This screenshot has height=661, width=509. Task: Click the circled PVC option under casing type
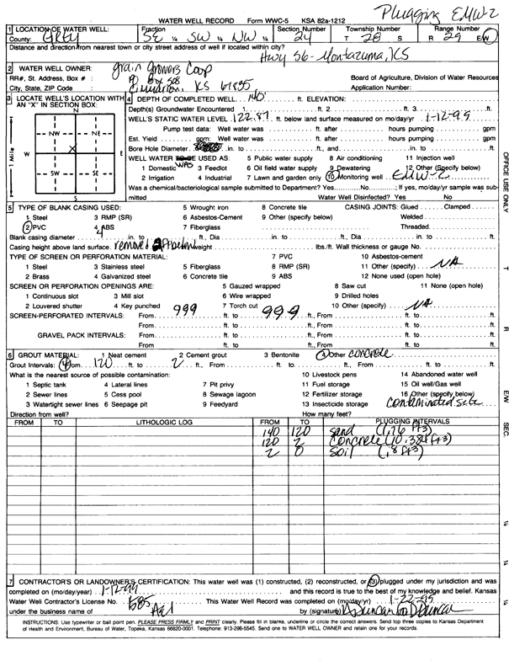tap(32, 227)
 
